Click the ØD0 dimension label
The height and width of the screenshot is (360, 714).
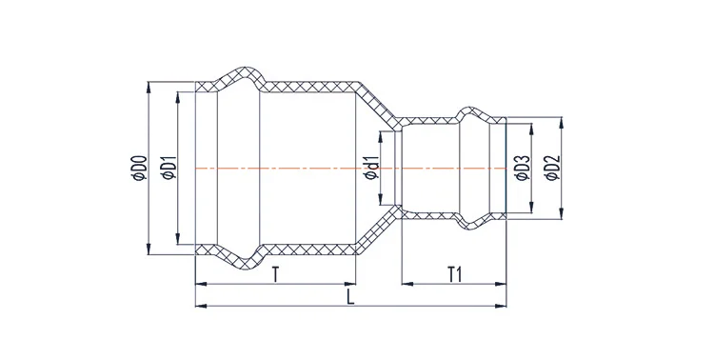(140, 170)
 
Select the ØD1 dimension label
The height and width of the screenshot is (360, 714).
(169, 169)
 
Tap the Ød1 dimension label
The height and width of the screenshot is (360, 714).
(372, 169)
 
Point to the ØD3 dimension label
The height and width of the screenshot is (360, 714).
(524, 169)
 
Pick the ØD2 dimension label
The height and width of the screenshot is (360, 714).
(553, 169)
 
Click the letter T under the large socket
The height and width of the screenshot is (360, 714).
(275, 275)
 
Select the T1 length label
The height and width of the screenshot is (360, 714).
(455, 275)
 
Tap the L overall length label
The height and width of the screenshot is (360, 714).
(349, 297)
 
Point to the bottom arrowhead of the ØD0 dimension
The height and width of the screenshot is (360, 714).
(149, 249)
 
